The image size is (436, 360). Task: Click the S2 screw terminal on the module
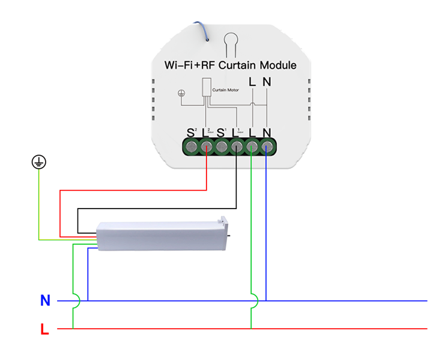[191, 147]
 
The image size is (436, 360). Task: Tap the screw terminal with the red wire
[207, 147]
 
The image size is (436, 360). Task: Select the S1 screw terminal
[222, 147]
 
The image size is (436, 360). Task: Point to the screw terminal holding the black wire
[237, 147]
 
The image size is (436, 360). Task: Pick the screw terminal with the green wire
[252, 147]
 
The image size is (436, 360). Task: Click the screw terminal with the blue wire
[267, 147]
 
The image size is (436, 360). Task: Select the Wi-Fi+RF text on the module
[190, 65]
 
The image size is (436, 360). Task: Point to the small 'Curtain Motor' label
[226, 90]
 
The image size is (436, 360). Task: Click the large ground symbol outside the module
[39, 162]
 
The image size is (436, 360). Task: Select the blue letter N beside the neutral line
[45, 301]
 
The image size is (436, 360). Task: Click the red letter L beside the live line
[44, 329]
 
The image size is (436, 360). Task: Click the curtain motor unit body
[159, 236]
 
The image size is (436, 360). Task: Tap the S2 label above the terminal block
[192, 131]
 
